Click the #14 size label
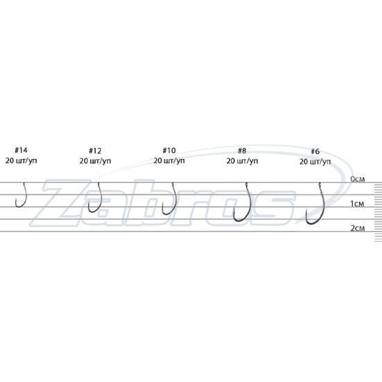(22, 150)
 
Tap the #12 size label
(95, 151)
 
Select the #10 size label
(169, 150)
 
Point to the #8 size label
(242, 151)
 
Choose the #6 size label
(315, 151)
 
